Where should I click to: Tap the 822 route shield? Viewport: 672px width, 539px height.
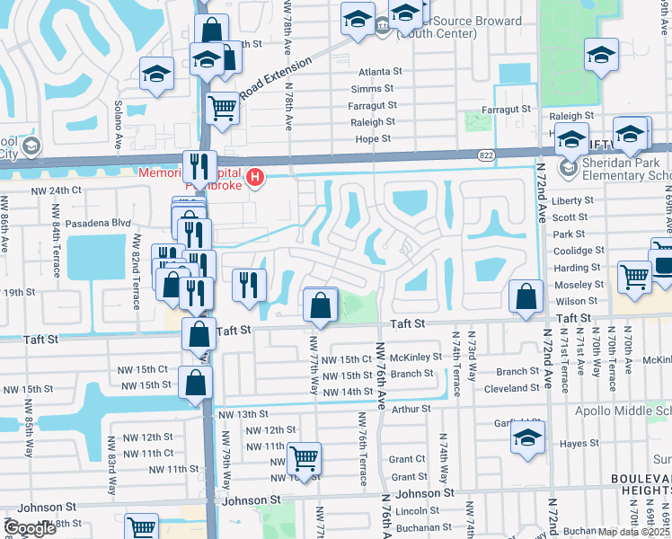(485, 155)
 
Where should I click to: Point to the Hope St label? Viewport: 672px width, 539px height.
(373, 139)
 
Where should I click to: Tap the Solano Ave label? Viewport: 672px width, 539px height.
(118, 124)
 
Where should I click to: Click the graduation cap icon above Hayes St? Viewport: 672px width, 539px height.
(526, 438)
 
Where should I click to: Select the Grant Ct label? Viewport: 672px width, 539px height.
(407, 459)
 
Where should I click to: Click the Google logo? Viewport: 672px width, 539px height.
(30, 528)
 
